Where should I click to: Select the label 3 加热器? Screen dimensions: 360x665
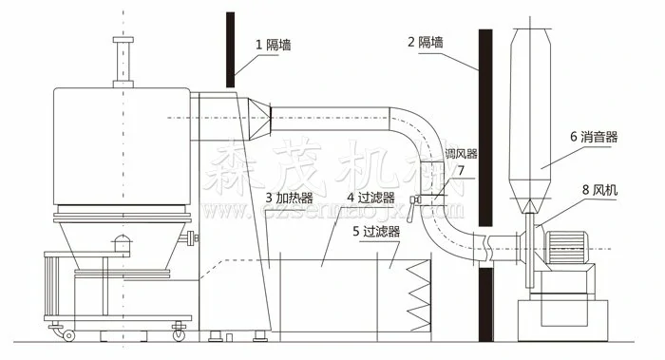pyautogui.click(x=291, y=198)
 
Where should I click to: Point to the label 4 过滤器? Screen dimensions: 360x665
pyautogui.click(x=371, y=198)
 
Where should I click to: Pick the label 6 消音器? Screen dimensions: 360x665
pyautogui.click(x=594, y=137)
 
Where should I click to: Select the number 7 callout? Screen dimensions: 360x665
pyautogui.click(x=461, y=171)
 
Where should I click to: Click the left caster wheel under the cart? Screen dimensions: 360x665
pyautogui.click(x=68, y=333)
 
